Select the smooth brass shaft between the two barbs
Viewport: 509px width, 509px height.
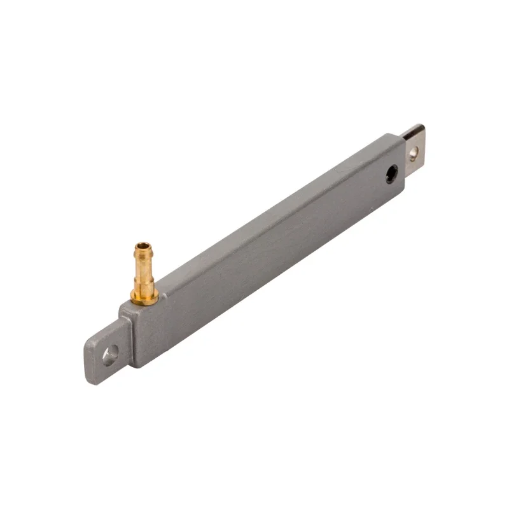(x=144, y=267)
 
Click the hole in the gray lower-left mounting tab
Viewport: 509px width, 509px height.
(x=110, y=354)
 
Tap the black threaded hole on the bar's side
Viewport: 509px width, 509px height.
(x=391, y=173)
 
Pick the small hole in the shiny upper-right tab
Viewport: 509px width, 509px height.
(x=413, y=152)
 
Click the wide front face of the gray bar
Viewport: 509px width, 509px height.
(x=267, y=267)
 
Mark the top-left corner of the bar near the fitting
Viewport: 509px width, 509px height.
(x=121, y=308)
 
